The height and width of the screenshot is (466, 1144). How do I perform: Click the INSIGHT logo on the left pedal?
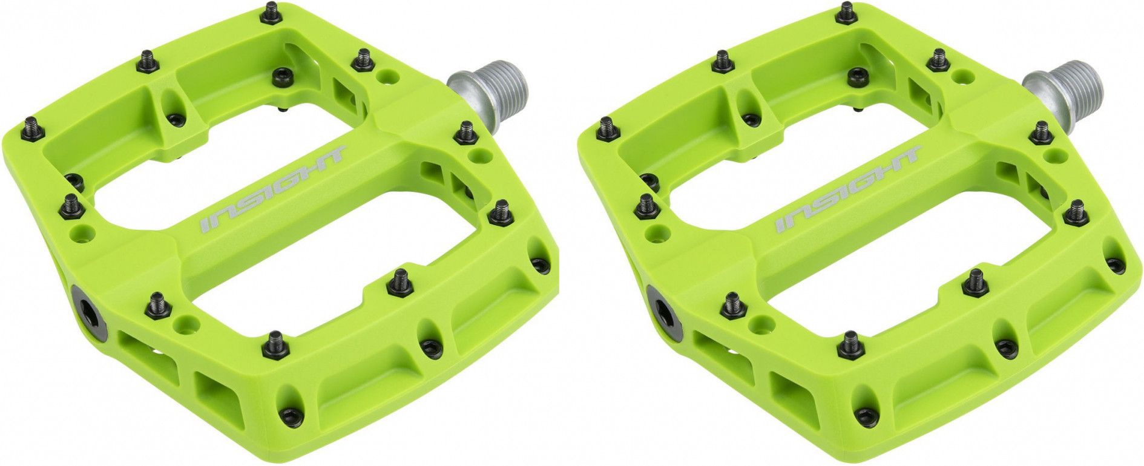pyautogui.click(x=273, y=189)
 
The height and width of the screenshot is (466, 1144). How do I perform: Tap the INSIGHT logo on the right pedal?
pyautogui.click(x=848, y=189)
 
